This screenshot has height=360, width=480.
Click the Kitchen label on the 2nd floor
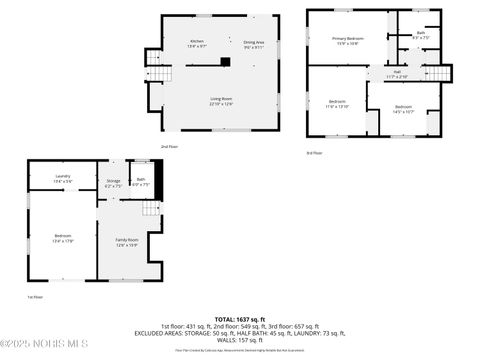click(x=198, y=43)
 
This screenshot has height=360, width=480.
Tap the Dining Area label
click(x=254, y=43)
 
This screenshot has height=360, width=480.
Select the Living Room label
click(x=221, y=100)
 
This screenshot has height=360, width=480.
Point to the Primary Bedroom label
click(x=348, y=40)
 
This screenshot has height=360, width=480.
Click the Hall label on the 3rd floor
click(x=397, y=73)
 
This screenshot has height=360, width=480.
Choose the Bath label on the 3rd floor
click(x=421, y=34)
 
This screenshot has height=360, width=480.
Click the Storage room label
click(x=113, y=183)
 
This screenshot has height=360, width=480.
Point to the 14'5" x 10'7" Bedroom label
click(x=403, y=108)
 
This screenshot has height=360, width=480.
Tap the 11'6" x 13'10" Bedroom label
click(x=337, y=103)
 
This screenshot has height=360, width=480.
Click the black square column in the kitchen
click(x=225, y=62)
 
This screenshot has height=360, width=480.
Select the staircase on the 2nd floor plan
click(x=160, y=72)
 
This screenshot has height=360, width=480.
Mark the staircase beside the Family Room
click(x=151, y=209)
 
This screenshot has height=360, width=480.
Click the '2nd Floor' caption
click(x=170, y=146)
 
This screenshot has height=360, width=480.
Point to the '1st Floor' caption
click(x=35, y=297)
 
